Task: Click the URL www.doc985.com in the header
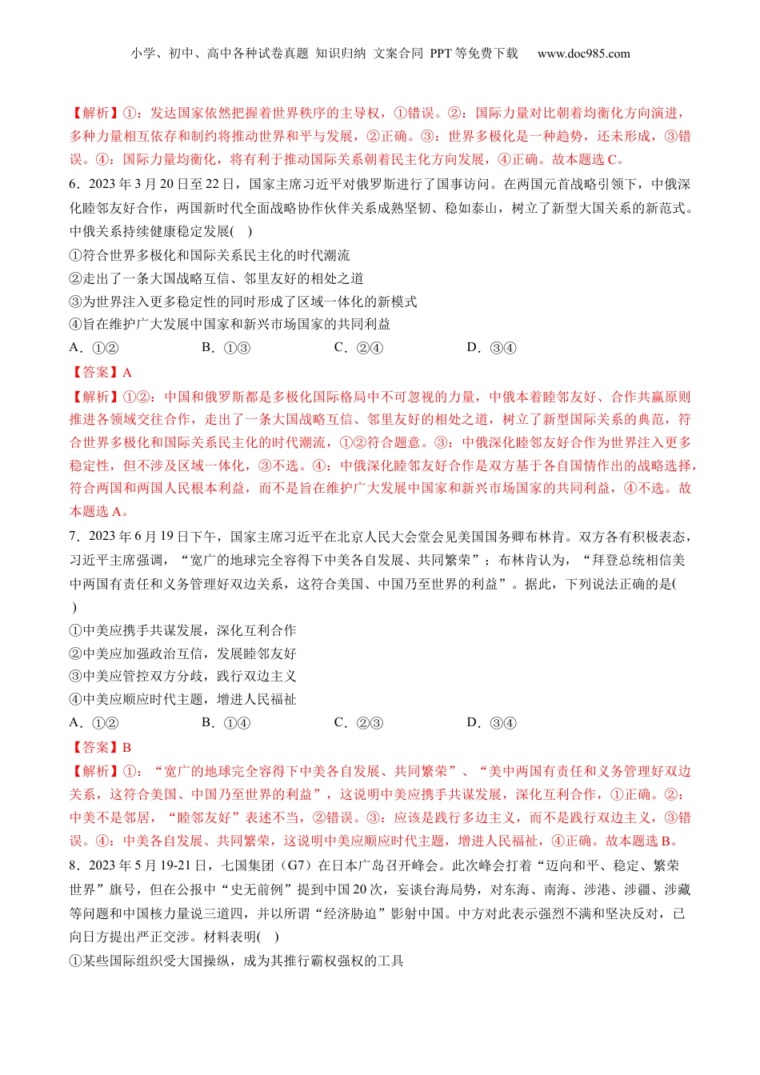coord(583,54)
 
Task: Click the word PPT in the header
coord(441,54)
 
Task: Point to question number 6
coord(74,185)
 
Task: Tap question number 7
coord(74,537)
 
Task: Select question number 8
coord(74,865)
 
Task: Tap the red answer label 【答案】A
coord(101,372)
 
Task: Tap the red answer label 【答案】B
coord(101,747)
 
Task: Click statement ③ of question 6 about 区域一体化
coord(243,302)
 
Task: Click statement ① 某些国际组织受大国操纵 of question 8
coord(236,961)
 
